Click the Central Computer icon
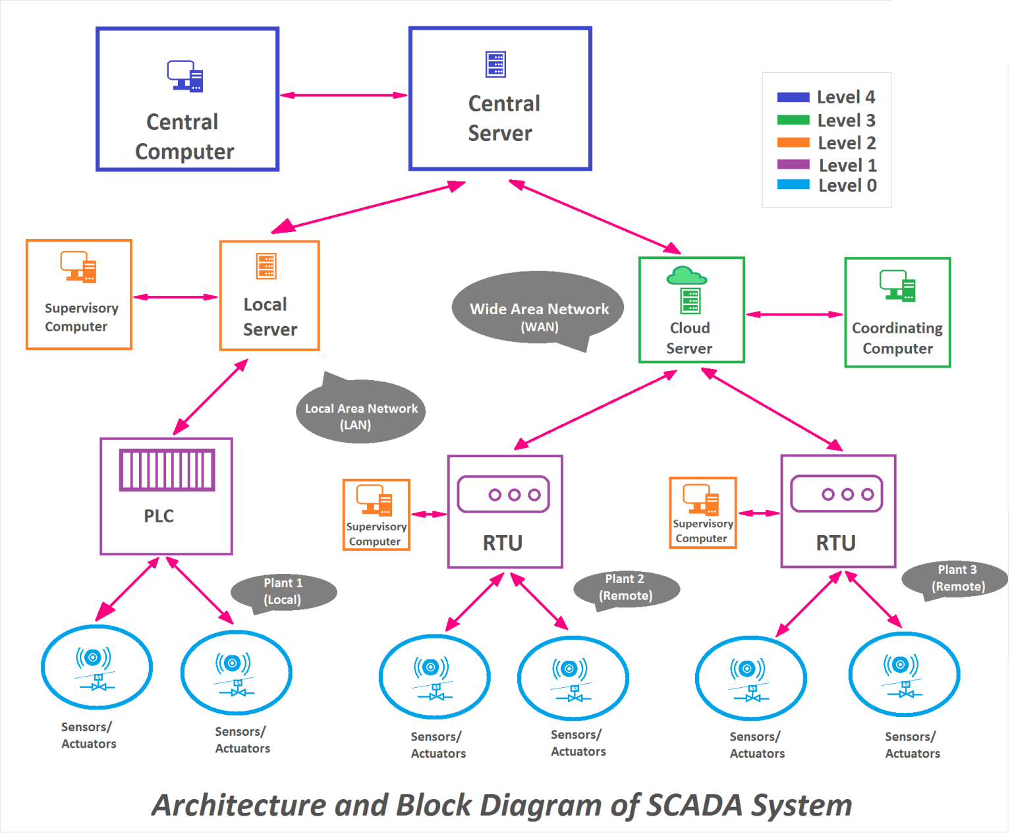[x=185, y=76]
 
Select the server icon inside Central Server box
[x=496, y=65]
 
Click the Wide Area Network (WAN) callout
[x=540, y=310]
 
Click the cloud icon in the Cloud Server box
[x=687, y=275]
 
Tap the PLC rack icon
[x=167, y=470]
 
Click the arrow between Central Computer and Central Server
[x=345, y=96]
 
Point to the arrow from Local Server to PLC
[x=211, y=397]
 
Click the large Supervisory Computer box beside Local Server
[x=79, y=295]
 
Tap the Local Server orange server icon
[x=267, y=267]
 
